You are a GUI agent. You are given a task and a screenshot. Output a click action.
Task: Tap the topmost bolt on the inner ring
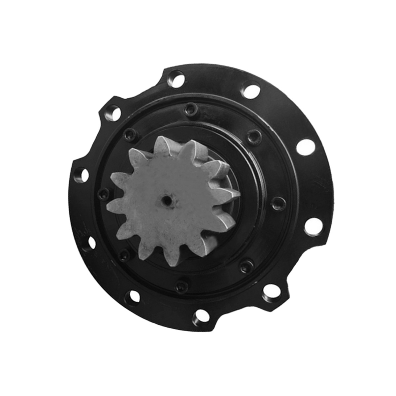click(x=189, y=108)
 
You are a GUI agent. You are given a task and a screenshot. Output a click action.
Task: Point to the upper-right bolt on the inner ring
click(x=253, y=135)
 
